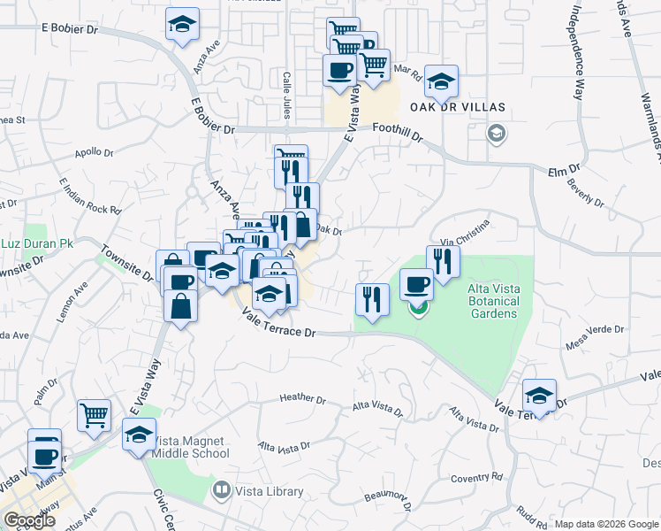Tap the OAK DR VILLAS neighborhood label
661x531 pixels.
pos(457,107)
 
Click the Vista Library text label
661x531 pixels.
pos(270,491)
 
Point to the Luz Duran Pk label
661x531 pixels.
pos(36,243)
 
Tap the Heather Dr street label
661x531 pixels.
pos(303,398)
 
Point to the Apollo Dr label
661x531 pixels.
pos(95,152)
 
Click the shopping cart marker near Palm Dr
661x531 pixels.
pos(95,414)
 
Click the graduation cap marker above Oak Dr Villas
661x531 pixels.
pos(441,81)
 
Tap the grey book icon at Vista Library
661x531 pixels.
pos(222,489)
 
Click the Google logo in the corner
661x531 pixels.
pos(29,520)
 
